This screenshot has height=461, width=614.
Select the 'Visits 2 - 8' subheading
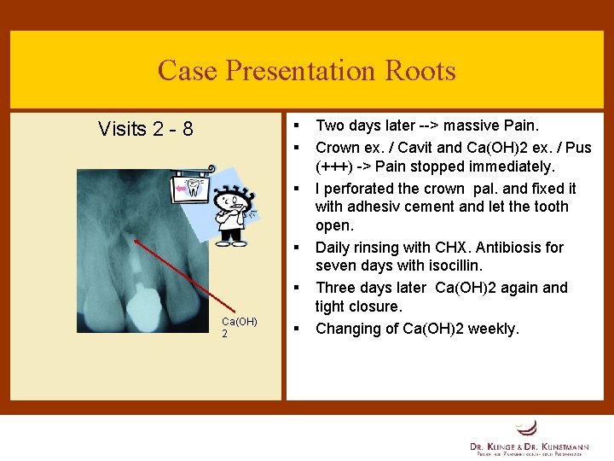(146, 129)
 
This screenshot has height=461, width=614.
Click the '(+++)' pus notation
(338, 166)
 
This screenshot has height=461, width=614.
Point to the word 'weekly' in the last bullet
(493, 329)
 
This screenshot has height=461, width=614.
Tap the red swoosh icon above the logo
(527, 427)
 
